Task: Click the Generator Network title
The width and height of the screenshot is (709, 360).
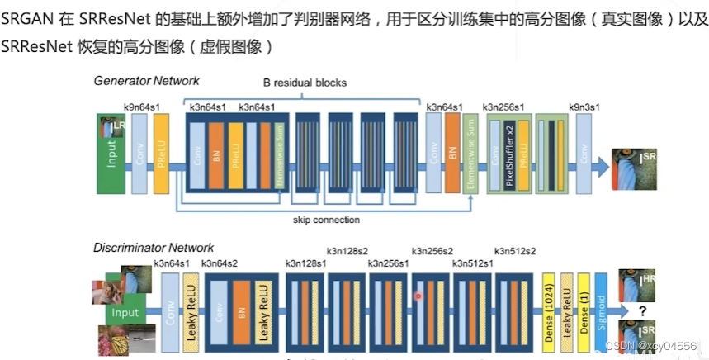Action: coord(146,81)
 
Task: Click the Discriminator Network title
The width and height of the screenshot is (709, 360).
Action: coord(154,248)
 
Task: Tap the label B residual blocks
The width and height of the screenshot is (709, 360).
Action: coord(305,83)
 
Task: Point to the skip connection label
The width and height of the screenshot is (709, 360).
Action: coord(327,220)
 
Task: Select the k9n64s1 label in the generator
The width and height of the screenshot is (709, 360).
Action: coord(142,107)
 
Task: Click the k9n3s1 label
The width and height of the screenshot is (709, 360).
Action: coord(587,107)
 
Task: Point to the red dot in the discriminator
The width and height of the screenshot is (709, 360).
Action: coord(418,296)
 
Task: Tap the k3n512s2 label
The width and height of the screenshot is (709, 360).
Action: coord(515,250)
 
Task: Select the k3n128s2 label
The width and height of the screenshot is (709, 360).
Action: coord(347,250)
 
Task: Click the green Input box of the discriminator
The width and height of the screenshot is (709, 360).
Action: coord(126,314)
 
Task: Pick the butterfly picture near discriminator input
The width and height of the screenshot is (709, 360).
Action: coord(116,340)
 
